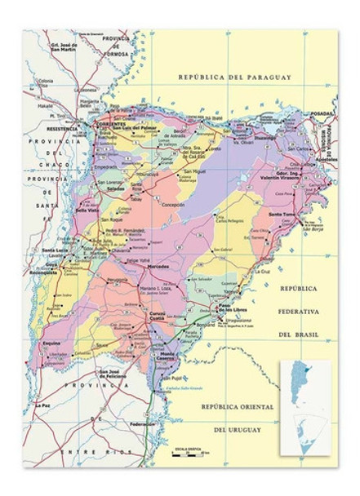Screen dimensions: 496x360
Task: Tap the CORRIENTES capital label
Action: click(108, 122)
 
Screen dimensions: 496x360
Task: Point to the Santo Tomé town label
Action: click(282, 214)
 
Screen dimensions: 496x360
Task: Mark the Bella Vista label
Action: click(87, 210)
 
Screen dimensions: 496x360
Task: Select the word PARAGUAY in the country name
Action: click(265, 77)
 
